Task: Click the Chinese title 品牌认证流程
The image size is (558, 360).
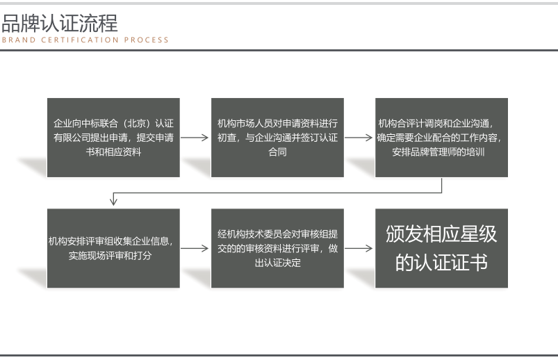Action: point(60,23)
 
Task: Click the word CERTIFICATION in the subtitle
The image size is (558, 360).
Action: point(80,40)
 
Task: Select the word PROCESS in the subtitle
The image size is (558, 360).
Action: point(146,40)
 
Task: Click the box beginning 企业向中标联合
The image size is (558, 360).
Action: point(113,138)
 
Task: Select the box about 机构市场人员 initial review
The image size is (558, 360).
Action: point(277,138)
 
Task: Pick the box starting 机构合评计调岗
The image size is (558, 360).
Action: point(442,138)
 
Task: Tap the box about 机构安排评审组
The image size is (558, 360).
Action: point(113,248)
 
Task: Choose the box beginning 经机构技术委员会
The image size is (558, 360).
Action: point(277,248)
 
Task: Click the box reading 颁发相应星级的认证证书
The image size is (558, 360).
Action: point(442,248)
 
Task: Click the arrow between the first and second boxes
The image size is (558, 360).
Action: point(195,138)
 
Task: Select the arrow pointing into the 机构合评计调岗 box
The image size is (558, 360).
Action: point(359,138)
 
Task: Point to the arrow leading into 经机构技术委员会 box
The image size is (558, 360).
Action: point(195,248)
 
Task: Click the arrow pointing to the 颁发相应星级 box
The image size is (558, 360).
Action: point(359,248)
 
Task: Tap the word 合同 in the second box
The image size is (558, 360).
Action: point(277,152)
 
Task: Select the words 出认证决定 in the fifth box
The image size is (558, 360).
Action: point(277,263)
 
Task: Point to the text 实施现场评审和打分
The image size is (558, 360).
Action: point(110,255)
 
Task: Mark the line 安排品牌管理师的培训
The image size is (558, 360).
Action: point(438,152)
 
